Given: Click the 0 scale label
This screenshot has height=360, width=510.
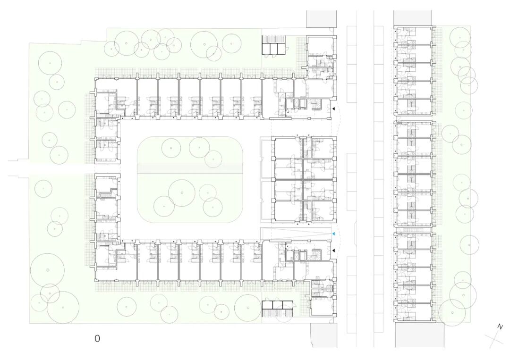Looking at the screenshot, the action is (x=97, y=338).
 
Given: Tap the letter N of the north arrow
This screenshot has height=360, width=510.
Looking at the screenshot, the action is (x=500, y=327).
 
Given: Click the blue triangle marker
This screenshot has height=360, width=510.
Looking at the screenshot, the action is (x=333, y=234).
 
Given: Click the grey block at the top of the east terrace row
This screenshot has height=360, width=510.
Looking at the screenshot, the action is (x=412, y=17).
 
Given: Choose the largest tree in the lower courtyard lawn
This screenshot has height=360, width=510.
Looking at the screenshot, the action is (x=182, y=193).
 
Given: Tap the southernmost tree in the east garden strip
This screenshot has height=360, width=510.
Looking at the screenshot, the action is (x=452, y=312).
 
